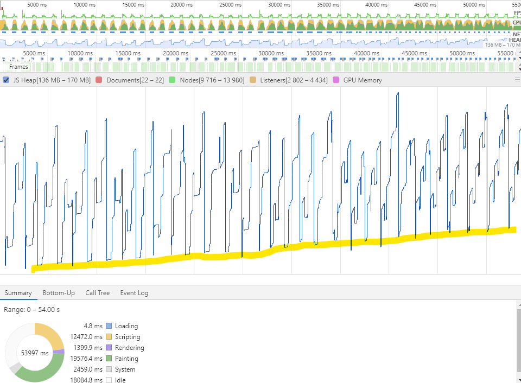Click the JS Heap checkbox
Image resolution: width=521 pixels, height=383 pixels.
tap(6, 80)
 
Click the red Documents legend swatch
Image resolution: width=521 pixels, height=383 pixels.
tap(99, 80)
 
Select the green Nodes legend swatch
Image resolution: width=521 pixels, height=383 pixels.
tap(172, 80)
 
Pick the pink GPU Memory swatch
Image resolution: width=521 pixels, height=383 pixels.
tap(336, 80)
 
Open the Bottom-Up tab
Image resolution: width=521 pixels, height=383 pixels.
tap(59, 293)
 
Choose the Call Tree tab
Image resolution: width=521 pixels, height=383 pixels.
tap(97, 293)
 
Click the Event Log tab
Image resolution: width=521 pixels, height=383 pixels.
tap(134, 293)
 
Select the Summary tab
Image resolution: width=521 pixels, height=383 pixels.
tap(18, 293)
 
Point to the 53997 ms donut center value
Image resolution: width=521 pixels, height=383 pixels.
tap(34, 353)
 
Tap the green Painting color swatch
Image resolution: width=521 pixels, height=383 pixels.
tap(109, 359)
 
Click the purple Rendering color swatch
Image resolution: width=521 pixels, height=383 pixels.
tap(109, 348)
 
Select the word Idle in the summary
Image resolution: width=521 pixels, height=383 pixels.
tap(120, 380)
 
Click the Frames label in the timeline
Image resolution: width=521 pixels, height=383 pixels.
tap(18, 67)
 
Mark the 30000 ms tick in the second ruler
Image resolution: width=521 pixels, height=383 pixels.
tap(270, 53)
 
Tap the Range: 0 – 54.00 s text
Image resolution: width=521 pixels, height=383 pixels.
tap(31, 309)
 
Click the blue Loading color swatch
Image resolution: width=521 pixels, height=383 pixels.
tap(109, 326)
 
